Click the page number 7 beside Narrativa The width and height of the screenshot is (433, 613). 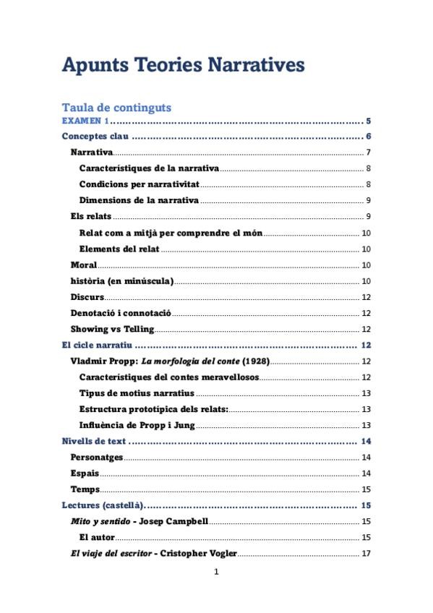point(368,152)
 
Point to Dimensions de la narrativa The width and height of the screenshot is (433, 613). point(139,200)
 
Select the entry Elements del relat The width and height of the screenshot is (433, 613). point(119,249)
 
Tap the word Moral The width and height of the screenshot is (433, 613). point(83,265)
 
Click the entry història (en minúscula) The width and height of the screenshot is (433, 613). point(121,280)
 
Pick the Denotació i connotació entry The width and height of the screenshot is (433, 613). point(120,313)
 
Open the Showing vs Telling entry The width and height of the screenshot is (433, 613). point(112,329)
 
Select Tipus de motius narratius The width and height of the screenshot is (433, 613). point(137,393)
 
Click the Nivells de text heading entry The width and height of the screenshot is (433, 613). point(95,441)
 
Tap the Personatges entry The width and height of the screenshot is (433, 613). point(97,457)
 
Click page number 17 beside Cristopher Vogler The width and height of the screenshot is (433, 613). point(366,554)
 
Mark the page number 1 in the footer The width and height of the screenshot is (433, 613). point(216,573)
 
